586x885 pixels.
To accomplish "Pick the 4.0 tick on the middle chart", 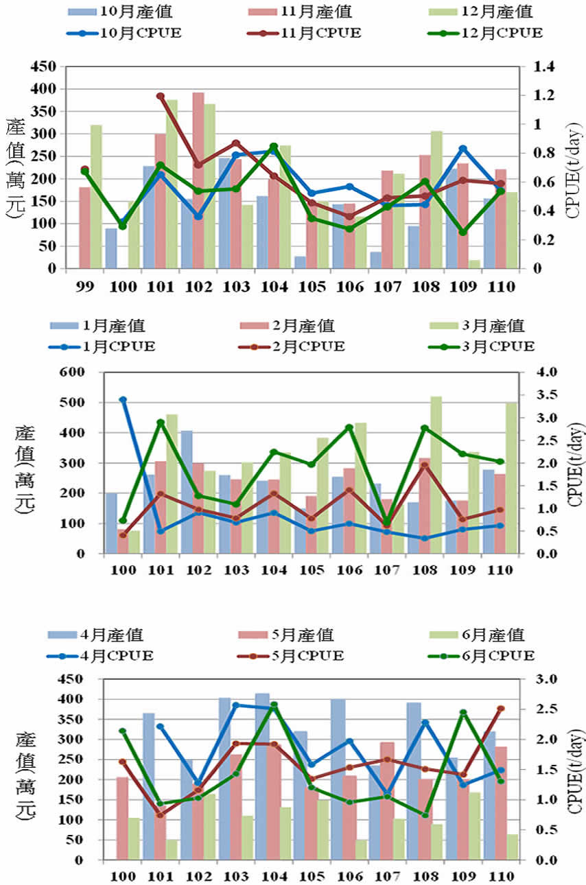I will tap(537, 373).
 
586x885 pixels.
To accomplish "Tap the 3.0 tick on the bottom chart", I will tap(537, 679).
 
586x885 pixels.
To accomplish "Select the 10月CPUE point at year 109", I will tap(463, 149).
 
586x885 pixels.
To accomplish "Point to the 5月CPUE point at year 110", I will tap(501, 709).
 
